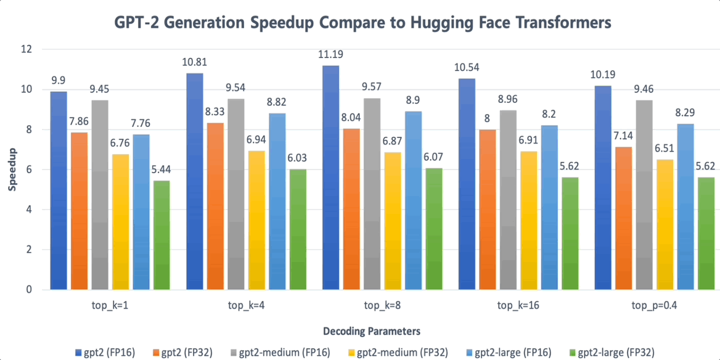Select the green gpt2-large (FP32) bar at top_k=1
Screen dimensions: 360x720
pos(162,235)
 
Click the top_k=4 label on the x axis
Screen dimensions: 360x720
pos(247,305)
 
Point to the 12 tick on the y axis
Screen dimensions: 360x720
pos(29,49)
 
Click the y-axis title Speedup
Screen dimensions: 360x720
pos(12,169)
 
